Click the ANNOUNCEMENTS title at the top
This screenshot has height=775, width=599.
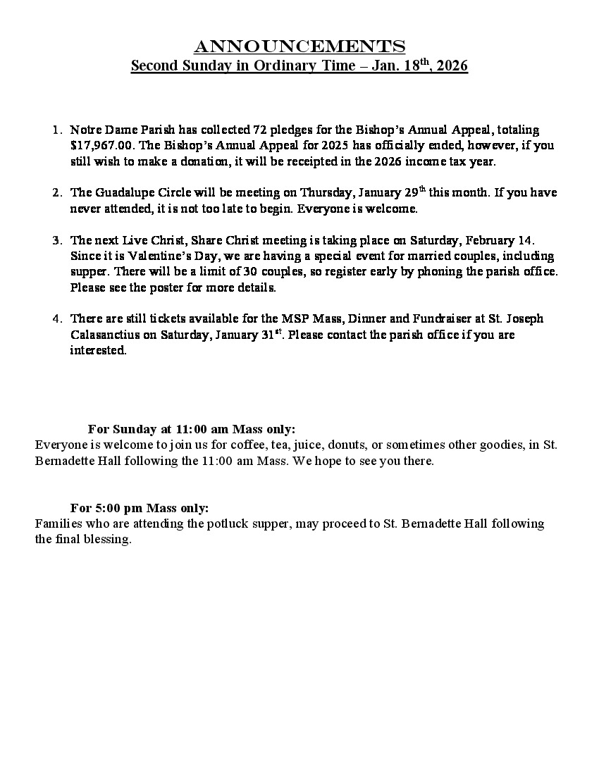299,46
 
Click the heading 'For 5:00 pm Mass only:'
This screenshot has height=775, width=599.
140,508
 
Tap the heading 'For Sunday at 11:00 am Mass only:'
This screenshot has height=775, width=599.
191,429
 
